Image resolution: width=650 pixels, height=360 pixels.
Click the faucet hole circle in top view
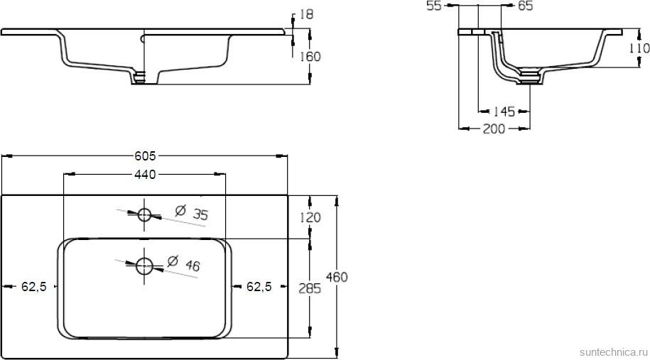coord(145,214)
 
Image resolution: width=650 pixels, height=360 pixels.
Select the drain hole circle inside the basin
coord(145,266)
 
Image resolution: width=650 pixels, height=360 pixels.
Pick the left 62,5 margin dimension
coord(33,287)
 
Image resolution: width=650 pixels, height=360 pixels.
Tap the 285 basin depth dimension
coord(311,288)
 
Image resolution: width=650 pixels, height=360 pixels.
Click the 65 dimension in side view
coord(525,6)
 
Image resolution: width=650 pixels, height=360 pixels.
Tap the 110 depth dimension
coord(639,48)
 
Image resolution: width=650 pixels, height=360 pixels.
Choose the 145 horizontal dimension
coord(504,111)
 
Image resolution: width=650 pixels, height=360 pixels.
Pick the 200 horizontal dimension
coord(494,129)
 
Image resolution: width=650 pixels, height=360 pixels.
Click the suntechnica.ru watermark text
coord(612,351)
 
